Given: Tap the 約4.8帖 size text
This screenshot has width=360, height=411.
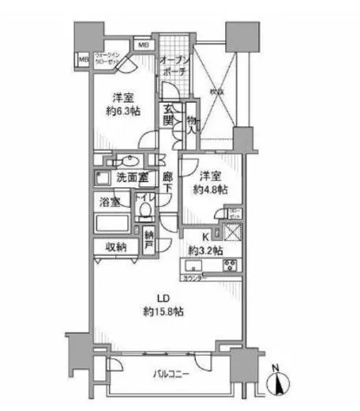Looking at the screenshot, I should tap(211, 190).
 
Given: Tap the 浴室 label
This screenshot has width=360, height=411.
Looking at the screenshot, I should tap(109, 202).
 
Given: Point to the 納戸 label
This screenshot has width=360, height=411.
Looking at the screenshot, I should tap(150, 238).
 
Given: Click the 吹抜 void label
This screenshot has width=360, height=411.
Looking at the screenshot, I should tap(216, 91).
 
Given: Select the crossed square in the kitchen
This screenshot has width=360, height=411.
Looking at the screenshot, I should tap(231, 235).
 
